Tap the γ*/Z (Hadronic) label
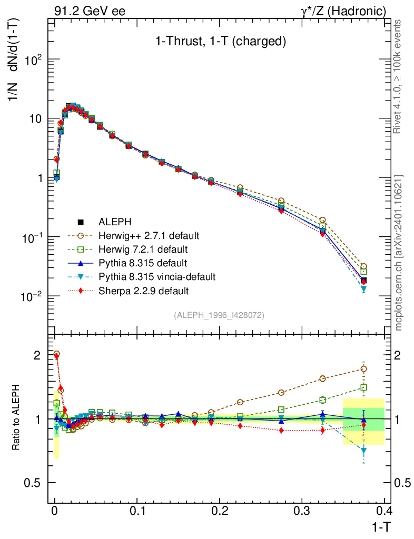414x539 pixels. tap(343, 11)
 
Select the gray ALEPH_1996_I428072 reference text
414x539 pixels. tap(219, 315)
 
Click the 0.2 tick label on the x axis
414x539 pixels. tap(219, 511)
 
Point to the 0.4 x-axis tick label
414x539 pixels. tap(383, 511)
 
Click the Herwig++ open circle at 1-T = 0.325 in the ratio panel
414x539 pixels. tap(322, 378)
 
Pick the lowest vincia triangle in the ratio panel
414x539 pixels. tap(363, 450)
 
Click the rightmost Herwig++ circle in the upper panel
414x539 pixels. tap(363, 267)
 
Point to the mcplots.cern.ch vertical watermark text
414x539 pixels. tap(399, 253)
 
